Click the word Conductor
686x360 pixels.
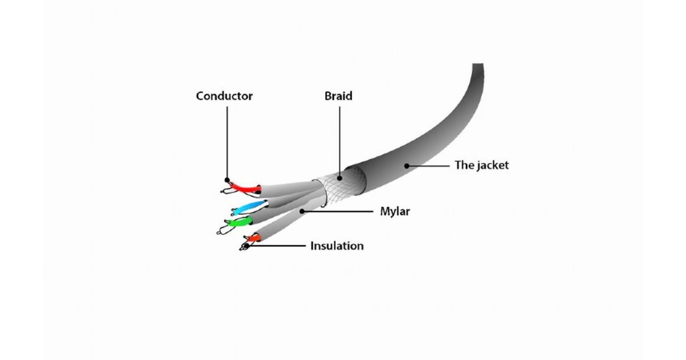224,96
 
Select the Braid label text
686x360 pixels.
338,96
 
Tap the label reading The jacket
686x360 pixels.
481,165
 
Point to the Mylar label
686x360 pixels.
395,211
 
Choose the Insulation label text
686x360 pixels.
337,246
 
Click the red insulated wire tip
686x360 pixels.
246,187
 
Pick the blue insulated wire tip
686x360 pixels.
250,207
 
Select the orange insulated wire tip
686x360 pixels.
255,238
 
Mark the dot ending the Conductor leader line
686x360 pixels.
227,179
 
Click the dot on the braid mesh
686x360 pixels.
340,178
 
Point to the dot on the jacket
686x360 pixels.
406,166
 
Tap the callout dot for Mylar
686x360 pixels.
302,211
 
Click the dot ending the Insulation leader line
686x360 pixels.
246,246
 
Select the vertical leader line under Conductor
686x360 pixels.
227,143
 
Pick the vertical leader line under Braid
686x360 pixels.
340,142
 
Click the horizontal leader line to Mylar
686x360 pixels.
337,211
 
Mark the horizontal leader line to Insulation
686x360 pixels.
276,246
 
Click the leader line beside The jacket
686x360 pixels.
428,166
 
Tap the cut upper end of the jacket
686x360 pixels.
478,64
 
